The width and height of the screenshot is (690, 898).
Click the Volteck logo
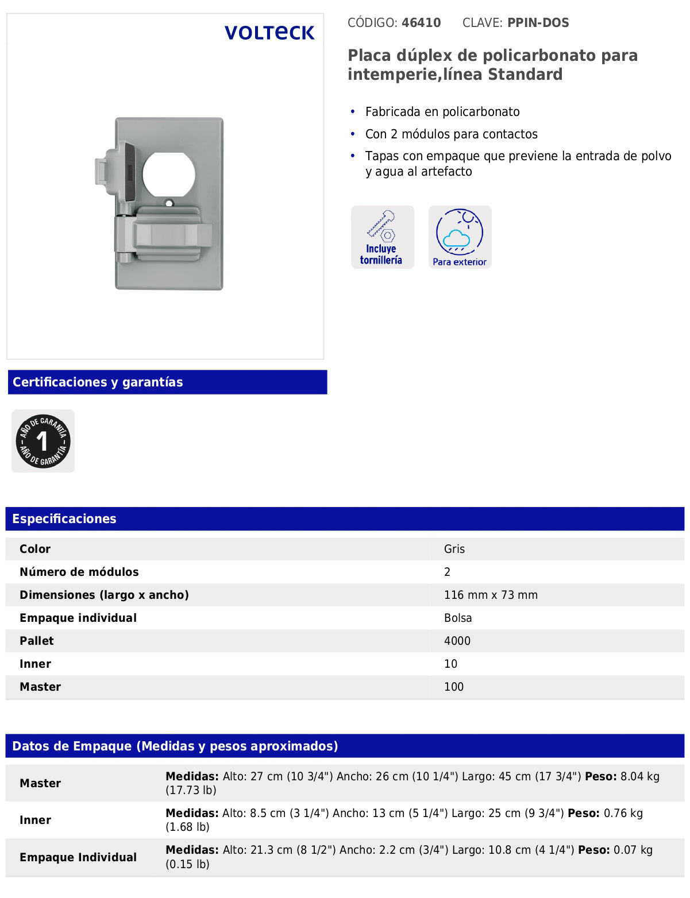tap(269, 33)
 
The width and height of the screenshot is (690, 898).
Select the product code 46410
tap(421, 23)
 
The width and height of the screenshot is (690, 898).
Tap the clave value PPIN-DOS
tap(538, 23)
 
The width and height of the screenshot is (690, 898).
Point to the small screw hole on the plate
tap(169, 203)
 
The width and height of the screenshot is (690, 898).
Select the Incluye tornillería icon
tap(382, 237)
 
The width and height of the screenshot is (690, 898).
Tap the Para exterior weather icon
tap(460, 237)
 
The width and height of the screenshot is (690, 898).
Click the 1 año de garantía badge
tap(43, 441)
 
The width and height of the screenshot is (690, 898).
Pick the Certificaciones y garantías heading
tap(98, 382)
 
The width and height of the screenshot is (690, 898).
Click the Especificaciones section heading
tap(64, 519)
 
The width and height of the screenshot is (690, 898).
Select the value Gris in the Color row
tap(454, 549)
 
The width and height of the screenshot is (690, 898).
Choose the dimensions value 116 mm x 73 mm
tap(491, 595)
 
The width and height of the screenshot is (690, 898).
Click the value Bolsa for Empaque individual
tap(457, 618)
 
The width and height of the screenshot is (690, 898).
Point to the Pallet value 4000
tap(457, 641)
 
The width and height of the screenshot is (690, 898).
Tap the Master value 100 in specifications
tap(453, 687)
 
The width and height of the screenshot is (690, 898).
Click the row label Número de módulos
tap(79, 572)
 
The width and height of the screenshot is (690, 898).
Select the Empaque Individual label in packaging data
tap(78, 857)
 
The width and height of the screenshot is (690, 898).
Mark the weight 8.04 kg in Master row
tap(640, 777)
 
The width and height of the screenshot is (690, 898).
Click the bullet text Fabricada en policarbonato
tap(442, 112)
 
